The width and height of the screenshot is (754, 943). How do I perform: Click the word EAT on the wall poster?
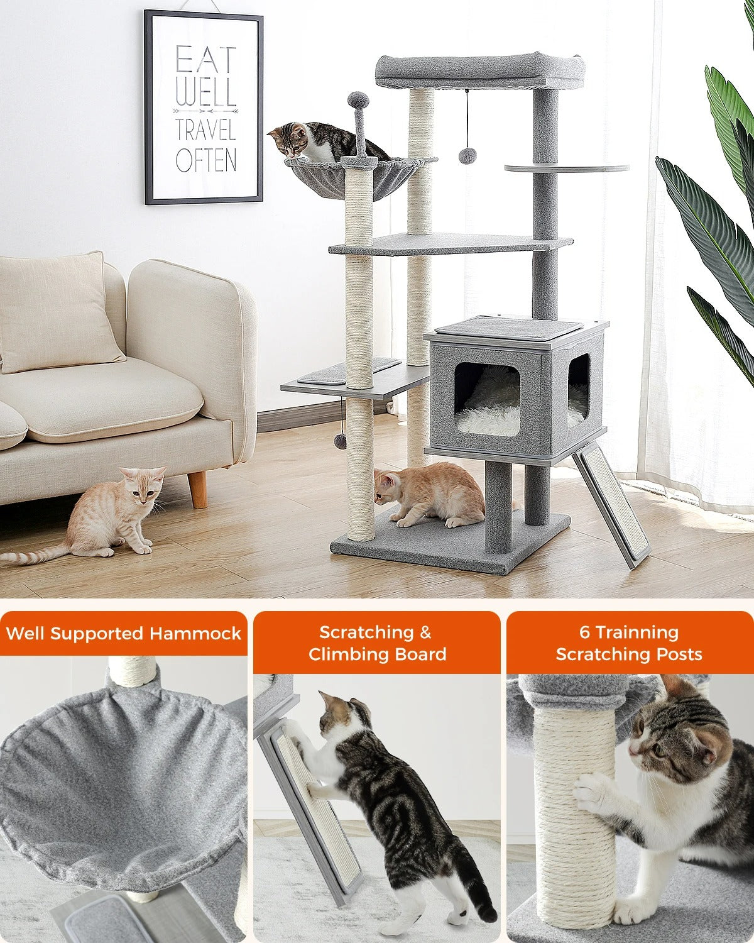205,60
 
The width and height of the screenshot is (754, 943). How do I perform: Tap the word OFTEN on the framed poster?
206,160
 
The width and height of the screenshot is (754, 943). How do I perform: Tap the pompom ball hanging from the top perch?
467,157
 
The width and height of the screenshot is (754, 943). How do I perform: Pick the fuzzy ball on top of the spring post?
358,99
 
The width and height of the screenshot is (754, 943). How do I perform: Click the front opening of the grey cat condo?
487,399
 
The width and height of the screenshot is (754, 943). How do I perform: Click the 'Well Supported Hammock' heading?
124,633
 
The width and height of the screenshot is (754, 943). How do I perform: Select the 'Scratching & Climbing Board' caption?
377,643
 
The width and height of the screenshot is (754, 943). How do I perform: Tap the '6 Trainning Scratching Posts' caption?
629,643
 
